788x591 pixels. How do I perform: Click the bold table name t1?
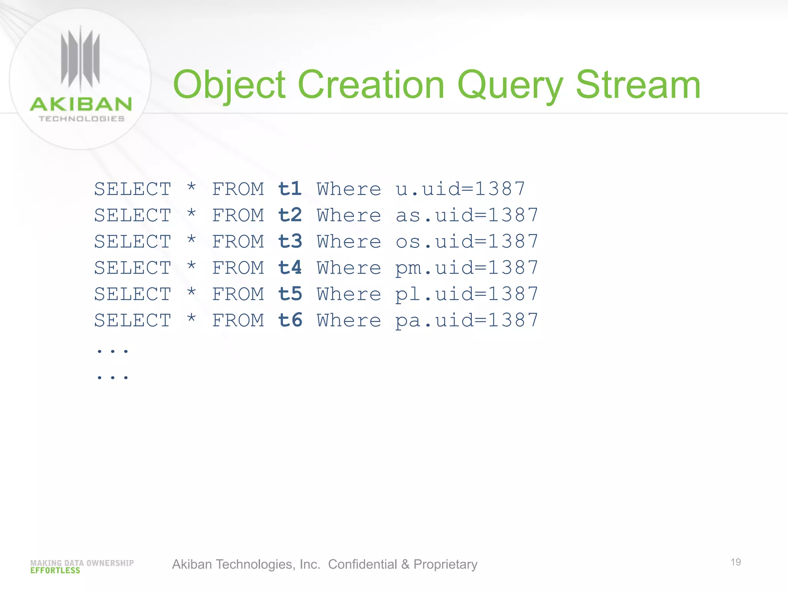290,189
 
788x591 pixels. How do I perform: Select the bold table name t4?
290,267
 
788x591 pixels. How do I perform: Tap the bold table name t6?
290,320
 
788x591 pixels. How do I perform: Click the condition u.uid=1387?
460,189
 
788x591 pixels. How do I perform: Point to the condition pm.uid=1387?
467,268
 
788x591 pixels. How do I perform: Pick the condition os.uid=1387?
467,242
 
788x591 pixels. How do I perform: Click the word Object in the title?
229,85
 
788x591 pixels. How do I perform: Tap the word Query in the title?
510,85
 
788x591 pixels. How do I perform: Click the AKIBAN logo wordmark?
81,105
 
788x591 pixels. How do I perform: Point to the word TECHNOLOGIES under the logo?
82,119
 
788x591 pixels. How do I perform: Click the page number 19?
736,562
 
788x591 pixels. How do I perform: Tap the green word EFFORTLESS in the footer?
55,571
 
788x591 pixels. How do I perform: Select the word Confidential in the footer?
362,564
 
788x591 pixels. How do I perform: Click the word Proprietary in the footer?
445,564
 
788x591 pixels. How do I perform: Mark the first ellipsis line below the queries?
112,351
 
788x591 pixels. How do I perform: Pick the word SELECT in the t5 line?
133,294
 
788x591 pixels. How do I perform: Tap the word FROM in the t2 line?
238,215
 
